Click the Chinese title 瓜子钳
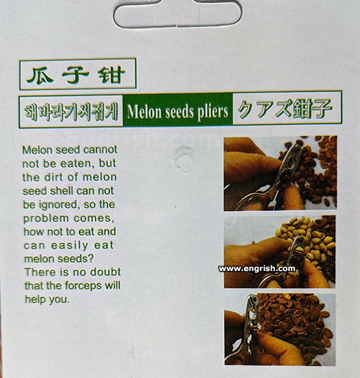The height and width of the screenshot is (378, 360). pos(76,74)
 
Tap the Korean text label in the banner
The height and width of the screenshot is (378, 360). pos(71,111)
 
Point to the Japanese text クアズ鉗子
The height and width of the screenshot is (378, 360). pos(284,109)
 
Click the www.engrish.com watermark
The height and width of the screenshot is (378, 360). pos(257,268)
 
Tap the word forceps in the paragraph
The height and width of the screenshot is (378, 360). pos(83,285)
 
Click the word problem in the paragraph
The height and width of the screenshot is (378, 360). pos(46,219)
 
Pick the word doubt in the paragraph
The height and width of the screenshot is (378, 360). pos(105,272)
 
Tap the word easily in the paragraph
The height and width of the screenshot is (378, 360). pos(69,246)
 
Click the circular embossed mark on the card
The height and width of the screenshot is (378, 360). pos(183,159)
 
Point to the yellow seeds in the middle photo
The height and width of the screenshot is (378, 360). pos(309,238)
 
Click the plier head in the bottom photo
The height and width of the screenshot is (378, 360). pos(251,311)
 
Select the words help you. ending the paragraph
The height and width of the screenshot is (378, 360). pos(47,300)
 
